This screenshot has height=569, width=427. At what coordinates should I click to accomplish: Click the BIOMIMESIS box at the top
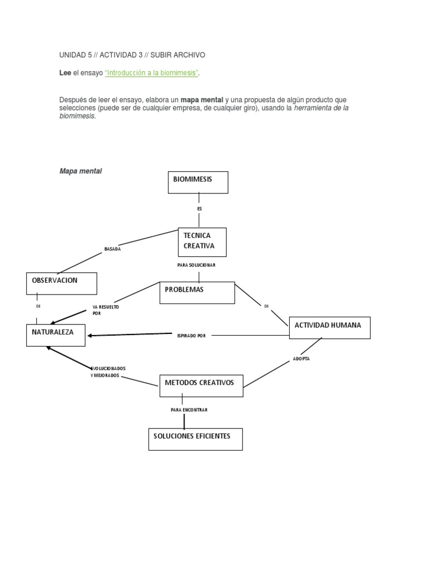[x=198, y=182]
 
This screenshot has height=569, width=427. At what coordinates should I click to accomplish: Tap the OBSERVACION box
[x=62, y=283]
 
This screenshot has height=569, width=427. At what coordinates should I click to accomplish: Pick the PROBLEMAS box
[x=197, y=293]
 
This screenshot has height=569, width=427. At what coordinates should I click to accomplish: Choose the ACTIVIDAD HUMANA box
[x=330, y=328]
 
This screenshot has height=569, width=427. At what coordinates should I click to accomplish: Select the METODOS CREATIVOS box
[x=201, y=386]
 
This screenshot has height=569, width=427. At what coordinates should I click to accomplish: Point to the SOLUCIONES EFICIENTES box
[x=195, y=439]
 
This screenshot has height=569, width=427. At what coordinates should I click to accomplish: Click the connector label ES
[x=200, y=209]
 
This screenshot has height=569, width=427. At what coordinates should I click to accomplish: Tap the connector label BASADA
[x=112, y=249]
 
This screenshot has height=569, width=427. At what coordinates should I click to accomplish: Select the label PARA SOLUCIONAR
[x=196, y=265]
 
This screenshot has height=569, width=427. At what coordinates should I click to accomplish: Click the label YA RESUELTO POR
[x=106, y=310]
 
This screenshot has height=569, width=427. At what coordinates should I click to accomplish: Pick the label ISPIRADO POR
[x=191, y=336]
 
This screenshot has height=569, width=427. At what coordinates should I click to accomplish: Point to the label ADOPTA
[x=301, y=359]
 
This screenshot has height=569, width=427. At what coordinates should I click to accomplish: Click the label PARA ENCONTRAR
[x=189, y=410]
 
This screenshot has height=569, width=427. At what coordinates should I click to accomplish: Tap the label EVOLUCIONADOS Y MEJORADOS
[x=108, y=372]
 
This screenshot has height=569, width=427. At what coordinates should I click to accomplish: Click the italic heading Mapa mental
[x=81, y=171]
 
